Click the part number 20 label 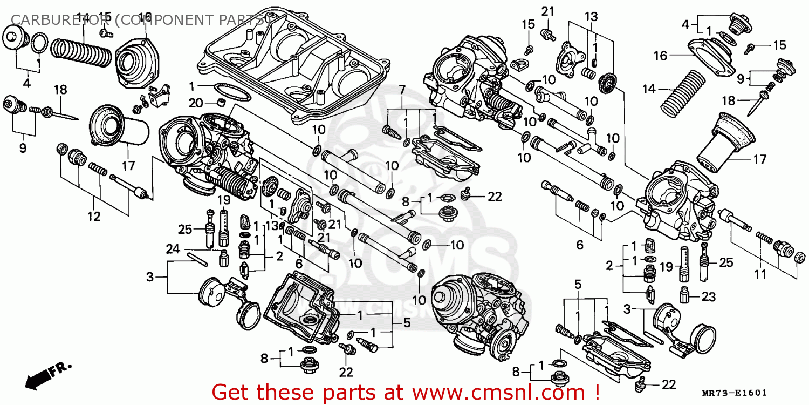coord(195,103)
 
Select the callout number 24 coord(172,249)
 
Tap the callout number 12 coord(94,217)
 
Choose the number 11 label coord(760,274)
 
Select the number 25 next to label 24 coord(185,230)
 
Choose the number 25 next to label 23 coord(725,262)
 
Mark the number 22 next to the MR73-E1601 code coord(668,384)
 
